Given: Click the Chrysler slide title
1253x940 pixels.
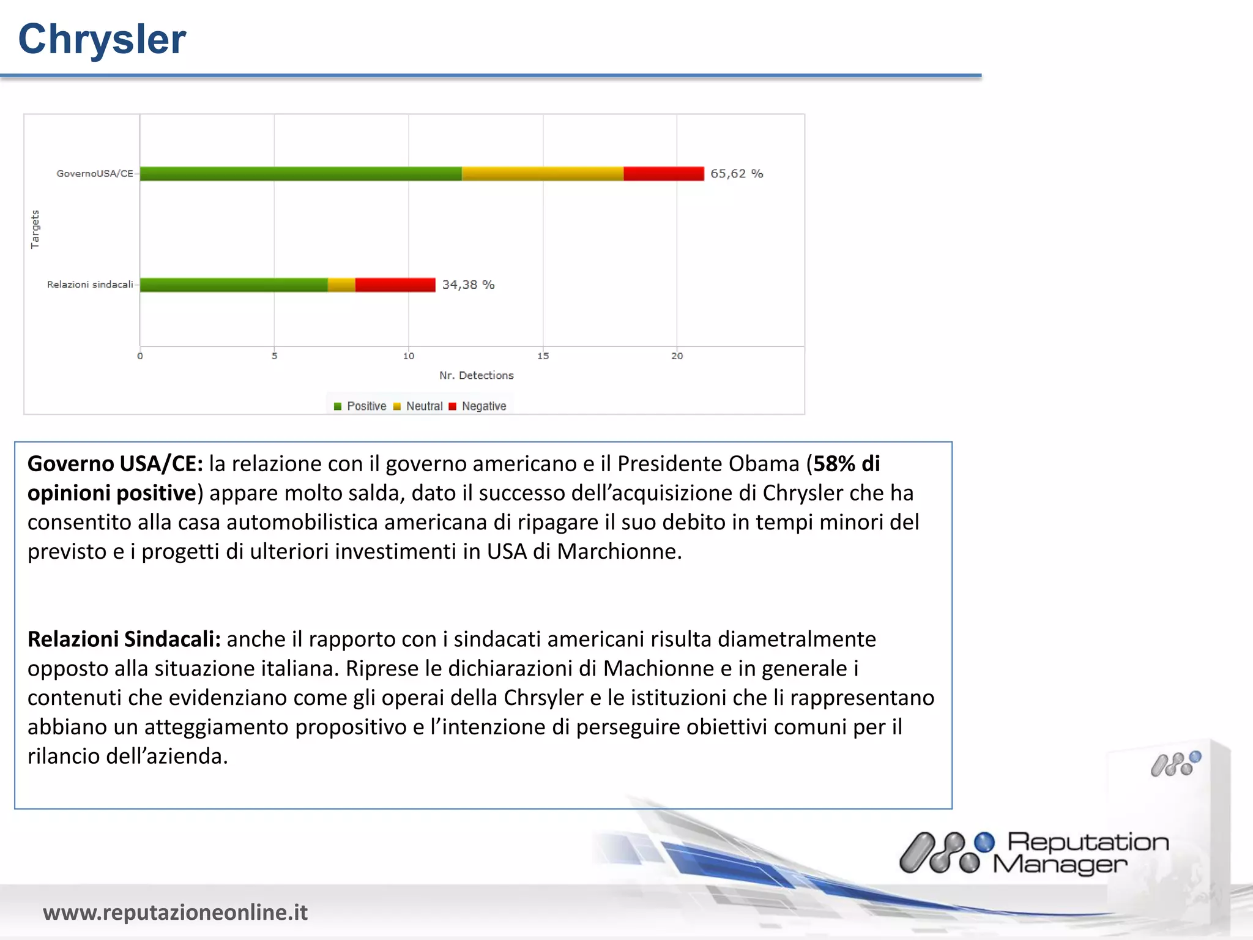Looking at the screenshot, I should click(102, 39).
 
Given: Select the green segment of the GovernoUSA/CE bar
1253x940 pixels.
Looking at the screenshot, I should click(300, 174).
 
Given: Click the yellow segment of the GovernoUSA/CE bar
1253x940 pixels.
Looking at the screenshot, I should click(542, 174).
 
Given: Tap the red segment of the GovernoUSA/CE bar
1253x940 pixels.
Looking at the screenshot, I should click(663, 174).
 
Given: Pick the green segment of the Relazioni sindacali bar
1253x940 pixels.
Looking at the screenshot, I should click(234, 285).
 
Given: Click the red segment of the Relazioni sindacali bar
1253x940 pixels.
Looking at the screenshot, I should click(395, 285).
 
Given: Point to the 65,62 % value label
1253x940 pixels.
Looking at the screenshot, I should click(736, 174).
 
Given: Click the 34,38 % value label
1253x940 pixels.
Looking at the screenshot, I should click(468, 285).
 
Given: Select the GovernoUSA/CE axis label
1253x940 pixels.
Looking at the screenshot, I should click(95, 174).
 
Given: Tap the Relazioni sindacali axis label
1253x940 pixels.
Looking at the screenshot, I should click(90, 285).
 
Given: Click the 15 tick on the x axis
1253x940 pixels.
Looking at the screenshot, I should click(543, 356).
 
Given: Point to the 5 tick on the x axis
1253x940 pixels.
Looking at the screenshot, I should click(274, 356).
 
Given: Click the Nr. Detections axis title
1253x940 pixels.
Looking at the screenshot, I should click(476, 375).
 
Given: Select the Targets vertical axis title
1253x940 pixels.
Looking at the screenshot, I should click(35, 229).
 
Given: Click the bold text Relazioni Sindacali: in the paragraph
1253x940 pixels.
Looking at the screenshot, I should click(124, 639).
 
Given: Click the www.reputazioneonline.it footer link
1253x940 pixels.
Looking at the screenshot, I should click(175, 912).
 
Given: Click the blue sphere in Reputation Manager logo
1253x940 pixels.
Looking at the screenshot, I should click(984, 842).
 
